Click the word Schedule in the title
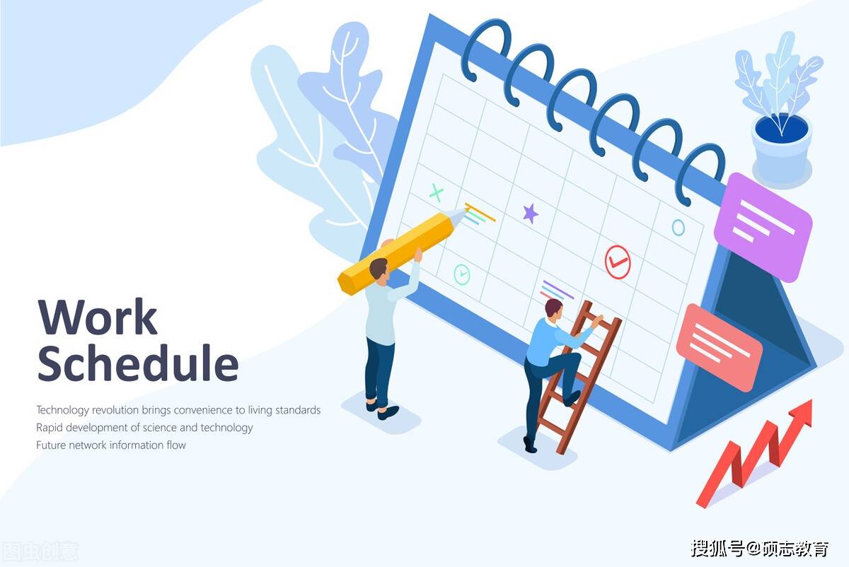tap(138, 363)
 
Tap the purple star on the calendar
tap(530, 214)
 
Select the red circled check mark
tap(618, 262)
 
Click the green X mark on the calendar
tap(437, 192)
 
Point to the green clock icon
tap(461, 274)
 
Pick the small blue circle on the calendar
tap(678, 228)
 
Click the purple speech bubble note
tap(763, 226)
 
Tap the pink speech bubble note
tap(719, 347)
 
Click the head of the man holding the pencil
tap(379, 269)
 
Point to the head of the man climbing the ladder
tap(554, 310)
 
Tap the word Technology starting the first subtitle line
tap(62, 410)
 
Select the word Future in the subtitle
tap(51, 445)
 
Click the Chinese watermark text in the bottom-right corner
tap(760, 549)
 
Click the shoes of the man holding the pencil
tap(382, 409)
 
